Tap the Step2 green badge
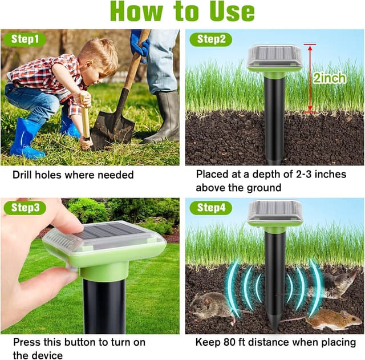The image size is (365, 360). (210, 39)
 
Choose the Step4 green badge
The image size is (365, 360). (210, 208)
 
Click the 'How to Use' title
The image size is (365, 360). (182, 13)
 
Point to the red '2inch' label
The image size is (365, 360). (329, 78)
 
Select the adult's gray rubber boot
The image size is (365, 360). (162, 117)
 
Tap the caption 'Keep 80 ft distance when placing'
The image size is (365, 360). (275, 342)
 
